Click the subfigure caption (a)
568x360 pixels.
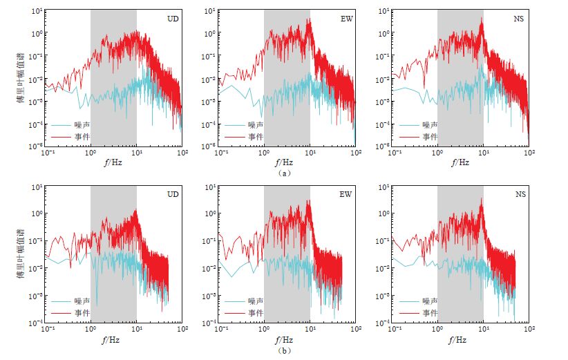pyautogui.click(x=284, y=173)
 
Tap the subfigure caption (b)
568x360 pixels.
pyautogui.click(x=284, y=350)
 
